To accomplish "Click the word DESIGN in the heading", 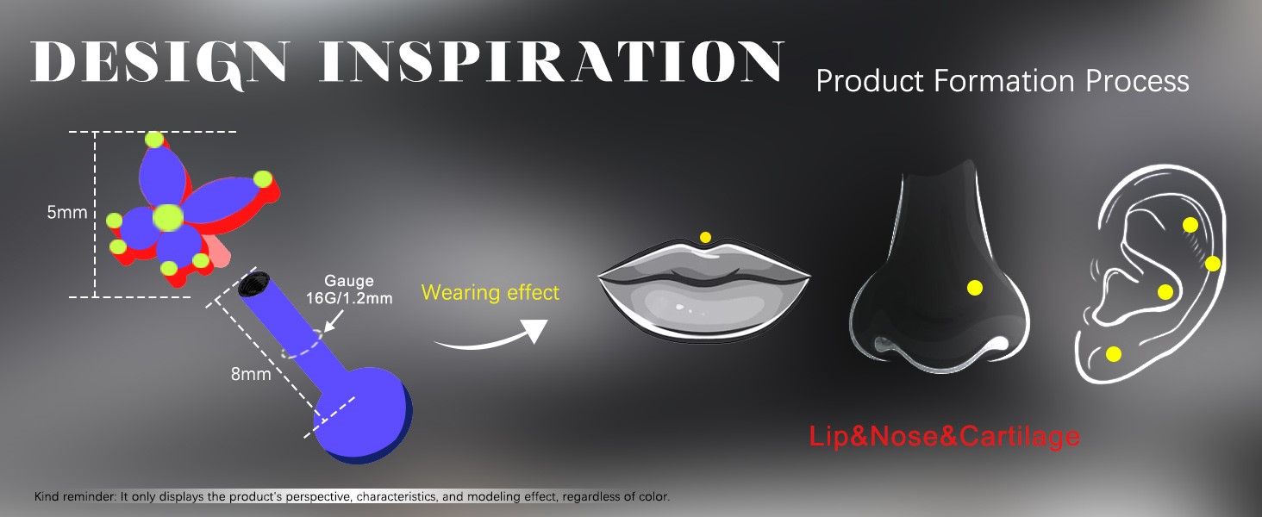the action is coord(159,64).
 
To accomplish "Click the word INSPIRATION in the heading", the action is coord(552,61).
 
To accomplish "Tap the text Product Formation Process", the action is coord(1003,82).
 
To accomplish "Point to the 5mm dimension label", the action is coord(67,212).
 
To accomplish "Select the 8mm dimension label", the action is coord(251,374).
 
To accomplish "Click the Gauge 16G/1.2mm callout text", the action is coord(349,290).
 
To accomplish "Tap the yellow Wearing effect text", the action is coord(490,292).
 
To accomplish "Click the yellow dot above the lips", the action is coord(705,238).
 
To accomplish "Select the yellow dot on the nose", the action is coord(975,289).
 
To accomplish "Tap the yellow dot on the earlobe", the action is coord(1113,354).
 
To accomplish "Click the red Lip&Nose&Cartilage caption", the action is coord(944,437).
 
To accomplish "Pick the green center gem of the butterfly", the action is coord(168,217).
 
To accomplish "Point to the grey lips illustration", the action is coord(703,290).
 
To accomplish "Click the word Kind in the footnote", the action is coord(47,496).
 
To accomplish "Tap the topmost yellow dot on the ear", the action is coord(1190,225).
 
